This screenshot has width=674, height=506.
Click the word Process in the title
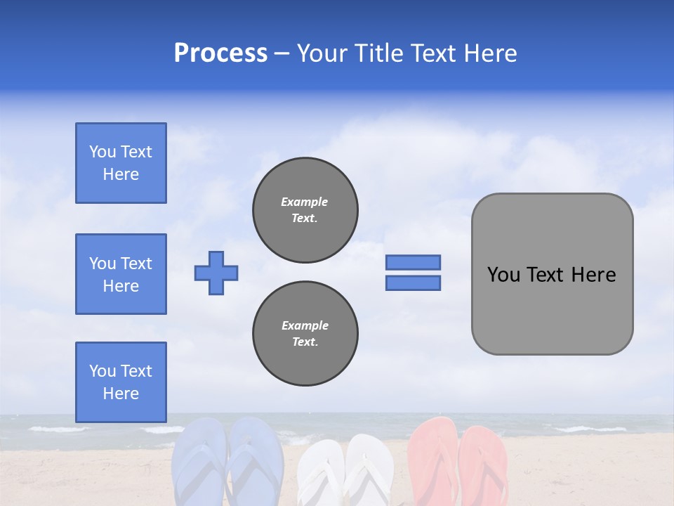pos(220,53)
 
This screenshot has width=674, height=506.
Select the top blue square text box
pos(121,163)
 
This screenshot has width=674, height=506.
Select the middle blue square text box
pos(121,274)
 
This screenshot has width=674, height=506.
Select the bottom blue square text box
pos(121,382)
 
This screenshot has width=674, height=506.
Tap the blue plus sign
pos(216,273)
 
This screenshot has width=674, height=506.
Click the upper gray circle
pos(305,210)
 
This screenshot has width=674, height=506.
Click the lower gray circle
pos(305,334)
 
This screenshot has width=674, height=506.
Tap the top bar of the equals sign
pos(413,262)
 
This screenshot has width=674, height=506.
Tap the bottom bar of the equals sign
pos(413,283)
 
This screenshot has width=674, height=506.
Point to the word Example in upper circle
pos(305,202)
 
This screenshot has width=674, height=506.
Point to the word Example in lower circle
pos(305,325)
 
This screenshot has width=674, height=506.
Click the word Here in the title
pos(489,53)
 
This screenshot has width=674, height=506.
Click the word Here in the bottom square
pos(121,394)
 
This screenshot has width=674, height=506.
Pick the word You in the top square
pos(103,152)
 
